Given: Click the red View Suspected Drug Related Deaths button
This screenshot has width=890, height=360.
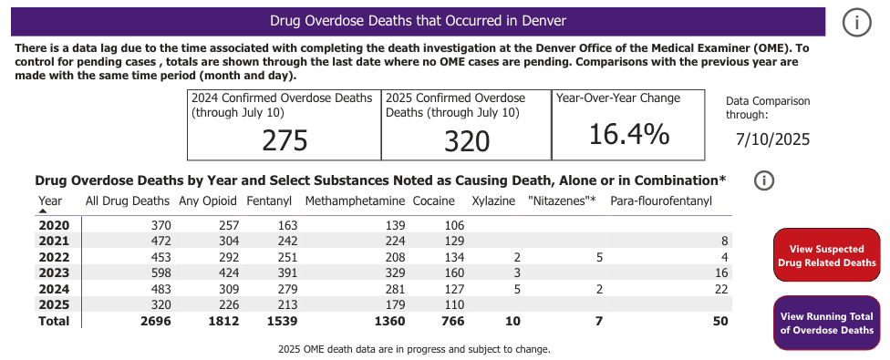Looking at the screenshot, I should (826, 255).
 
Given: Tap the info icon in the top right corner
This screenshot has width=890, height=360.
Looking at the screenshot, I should (856, 24).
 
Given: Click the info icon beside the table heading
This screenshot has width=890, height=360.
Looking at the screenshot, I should (764, 180).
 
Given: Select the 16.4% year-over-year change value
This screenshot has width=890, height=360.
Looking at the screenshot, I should (629, 133).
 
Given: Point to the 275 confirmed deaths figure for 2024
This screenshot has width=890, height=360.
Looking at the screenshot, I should (285, 140).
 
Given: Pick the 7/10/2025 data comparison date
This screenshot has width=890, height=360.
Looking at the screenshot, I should (772, 139).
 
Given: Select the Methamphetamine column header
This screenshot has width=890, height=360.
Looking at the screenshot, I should (356, 201).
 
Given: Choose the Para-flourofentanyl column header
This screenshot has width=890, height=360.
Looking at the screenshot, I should (661, 201).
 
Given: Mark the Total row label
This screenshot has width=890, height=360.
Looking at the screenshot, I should (53, 321).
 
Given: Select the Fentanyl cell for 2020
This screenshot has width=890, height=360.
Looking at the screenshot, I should (285, 224).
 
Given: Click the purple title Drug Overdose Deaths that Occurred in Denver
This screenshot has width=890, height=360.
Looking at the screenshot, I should (418, 20).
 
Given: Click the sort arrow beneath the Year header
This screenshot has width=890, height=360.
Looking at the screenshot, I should (43, 211).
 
